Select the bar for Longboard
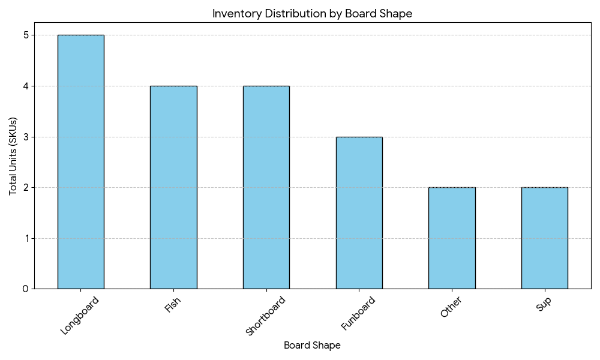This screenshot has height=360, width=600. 80,162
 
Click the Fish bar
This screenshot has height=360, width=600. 173,187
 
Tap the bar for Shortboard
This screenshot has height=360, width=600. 266,187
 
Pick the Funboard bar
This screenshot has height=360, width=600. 359,213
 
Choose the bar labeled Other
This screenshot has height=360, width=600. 452,238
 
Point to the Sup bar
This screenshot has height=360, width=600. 544,238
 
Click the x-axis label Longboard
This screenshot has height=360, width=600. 80,316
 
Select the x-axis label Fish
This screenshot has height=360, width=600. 173,305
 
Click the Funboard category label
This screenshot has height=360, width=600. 358,313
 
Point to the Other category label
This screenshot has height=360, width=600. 451,307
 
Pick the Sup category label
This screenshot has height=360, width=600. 544,304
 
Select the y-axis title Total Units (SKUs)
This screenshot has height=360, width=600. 13,156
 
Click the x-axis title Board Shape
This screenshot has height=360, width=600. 312,346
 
